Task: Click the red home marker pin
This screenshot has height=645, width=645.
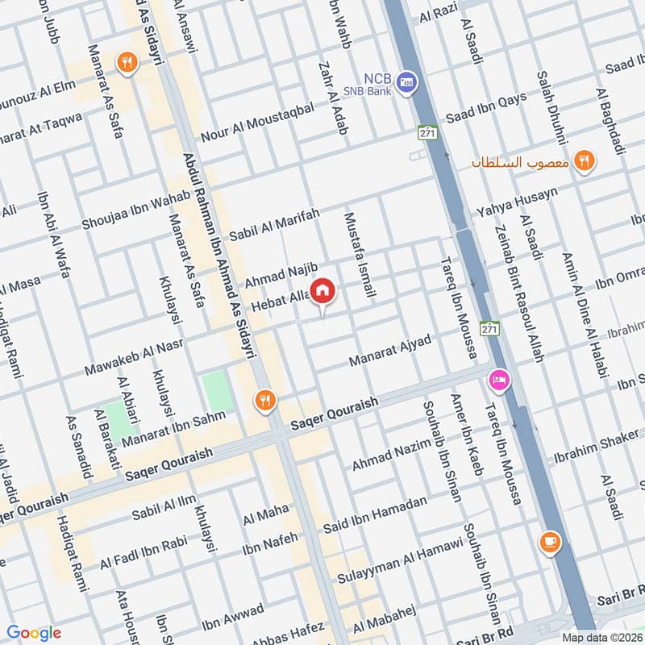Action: (x=322, y=291)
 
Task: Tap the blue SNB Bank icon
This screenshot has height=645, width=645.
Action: (x=408, y=82)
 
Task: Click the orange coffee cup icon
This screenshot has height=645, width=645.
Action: (x=550, y=542)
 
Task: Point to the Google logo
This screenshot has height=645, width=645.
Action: (x=33, y=633)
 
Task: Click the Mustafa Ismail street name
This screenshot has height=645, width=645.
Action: (x=360, y=256)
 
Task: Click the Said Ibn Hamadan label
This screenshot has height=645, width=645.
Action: (x=374, y=514)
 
